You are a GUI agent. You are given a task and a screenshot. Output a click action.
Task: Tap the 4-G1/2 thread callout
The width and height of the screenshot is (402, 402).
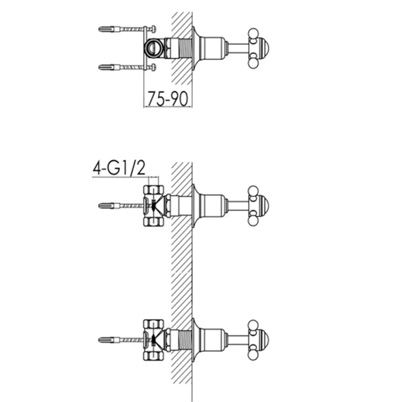pyautogui.click(x=119, y=168)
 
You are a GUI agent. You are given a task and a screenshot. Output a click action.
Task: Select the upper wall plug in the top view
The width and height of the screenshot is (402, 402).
pyautogui.click(x=108, y=29)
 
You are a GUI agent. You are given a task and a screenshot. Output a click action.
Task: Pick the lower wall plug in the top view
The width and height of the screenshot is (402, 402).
pyautogui.click(x=108, y=68)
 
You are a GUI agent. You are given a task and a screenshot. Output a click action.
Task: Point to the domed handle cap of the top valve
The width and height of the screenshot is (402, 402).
pyautogui.click(x=263, y=48)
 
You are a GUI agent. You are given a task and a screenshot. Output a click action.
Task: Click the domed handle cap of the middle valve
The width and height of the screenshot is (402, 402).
pyautogui.click(x=263, y=205)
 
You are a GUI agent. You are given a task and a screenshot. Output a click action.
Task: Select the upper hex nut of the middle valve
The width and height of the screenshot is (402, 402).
pyautogui.click(x=154, y=190)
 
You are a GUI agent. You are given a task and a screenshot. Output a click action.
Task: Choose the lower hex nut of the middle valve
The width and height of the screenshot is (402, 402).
pyautogui.click(x=154, y=222)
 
